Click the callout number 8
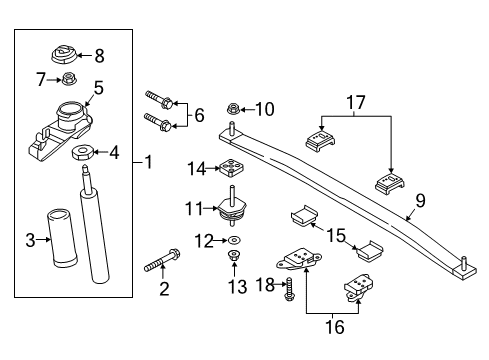99,57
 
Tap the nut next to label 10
233,108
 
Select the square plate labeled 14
233,169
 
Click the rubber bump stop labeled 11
233,207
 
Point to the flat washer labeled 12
233,241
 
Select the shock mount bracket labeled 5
62,129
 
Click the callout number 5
98,88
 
